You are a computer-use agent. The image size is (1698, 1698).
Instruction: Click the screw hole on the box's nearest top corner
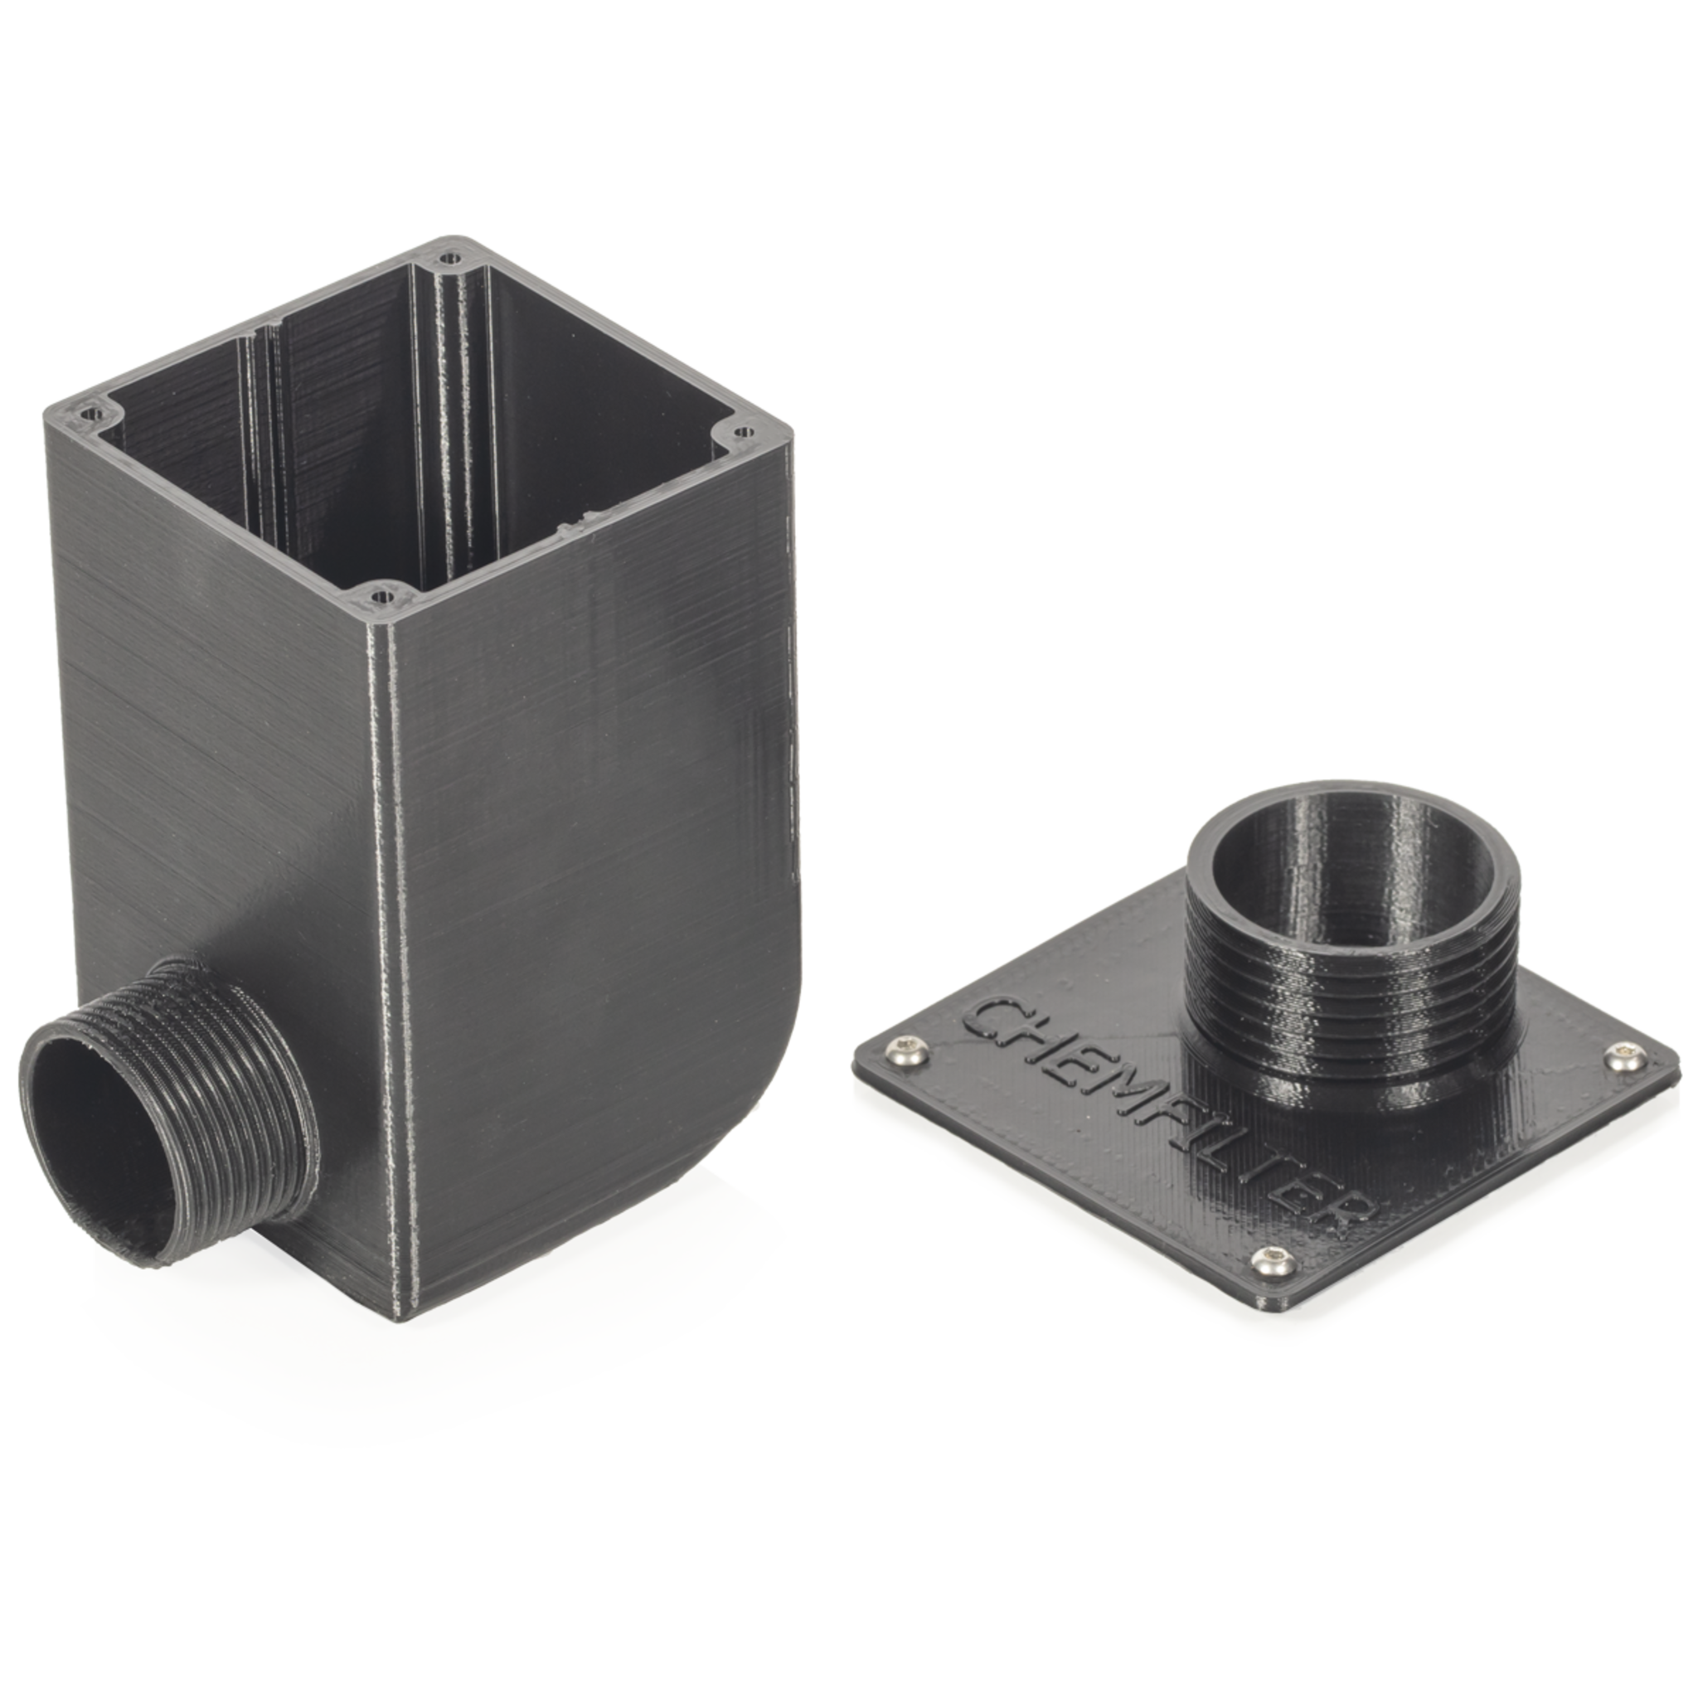[381, 597]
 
